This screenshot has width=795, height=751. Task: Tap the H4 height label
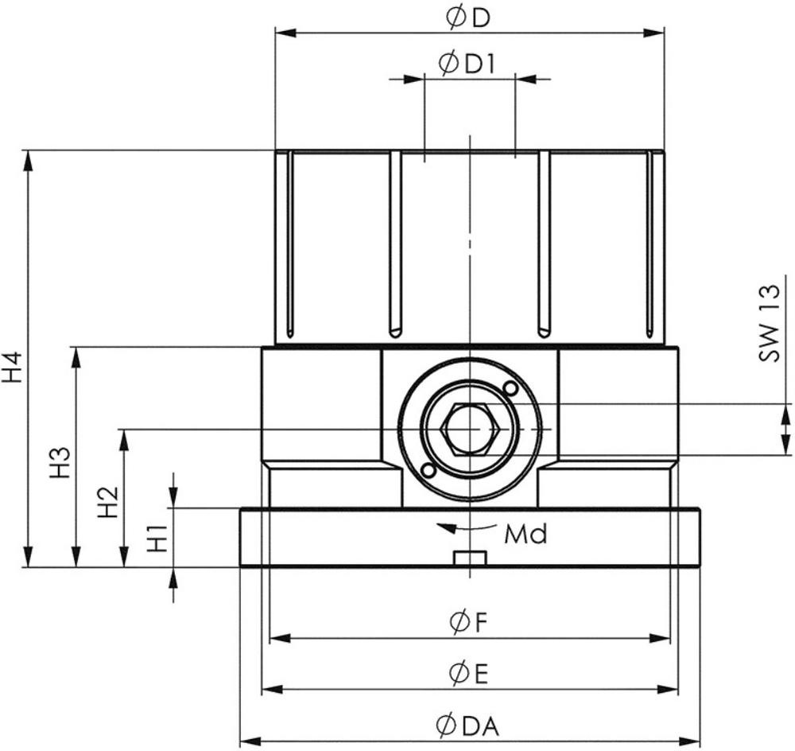(14, 368)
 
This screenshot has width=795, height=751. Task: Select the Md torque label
(525, 534)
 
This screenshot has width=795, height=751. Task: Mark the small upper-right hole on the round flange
(510, 388)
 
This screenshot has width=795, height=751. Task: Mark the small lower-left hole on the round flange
(429, 470)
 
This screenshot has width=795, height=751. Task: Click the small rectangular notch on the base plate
(469, 558)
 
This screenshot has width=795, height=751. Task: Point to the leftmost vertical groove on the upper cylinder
(289, 243)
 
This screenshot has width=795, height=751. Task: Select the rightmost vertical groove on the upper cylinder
(650, 243)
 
